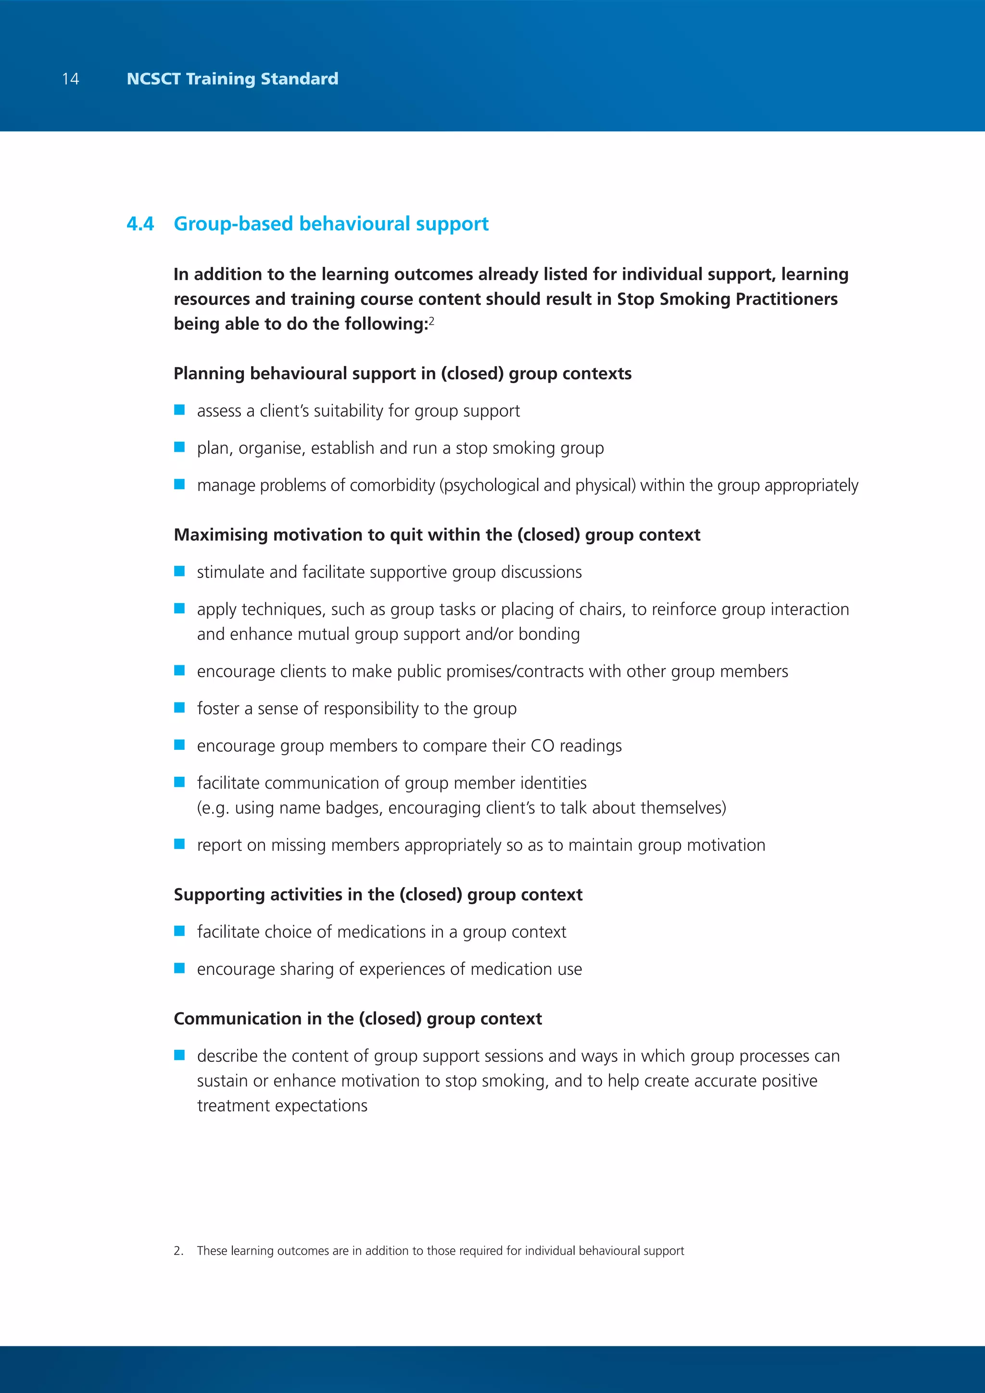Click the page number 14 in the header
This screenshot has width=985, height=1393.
(70, 79)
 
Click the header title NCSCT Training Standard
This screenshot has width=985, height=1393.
(232, 79)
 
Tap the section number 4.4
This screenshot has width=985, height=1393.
(140, 224)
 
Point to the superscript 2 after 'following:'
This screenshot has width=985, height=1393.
(431, 321)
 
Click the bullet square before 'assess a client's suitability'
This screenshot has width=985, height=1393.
(180, 410)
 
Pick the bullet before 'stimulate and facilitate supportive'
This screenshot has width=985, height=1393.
(180, 571)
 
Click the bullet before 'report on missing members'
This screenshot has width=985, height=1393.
(180, 844)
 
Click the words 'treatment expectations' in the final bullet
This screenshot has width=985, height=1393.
(282, 1106)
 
